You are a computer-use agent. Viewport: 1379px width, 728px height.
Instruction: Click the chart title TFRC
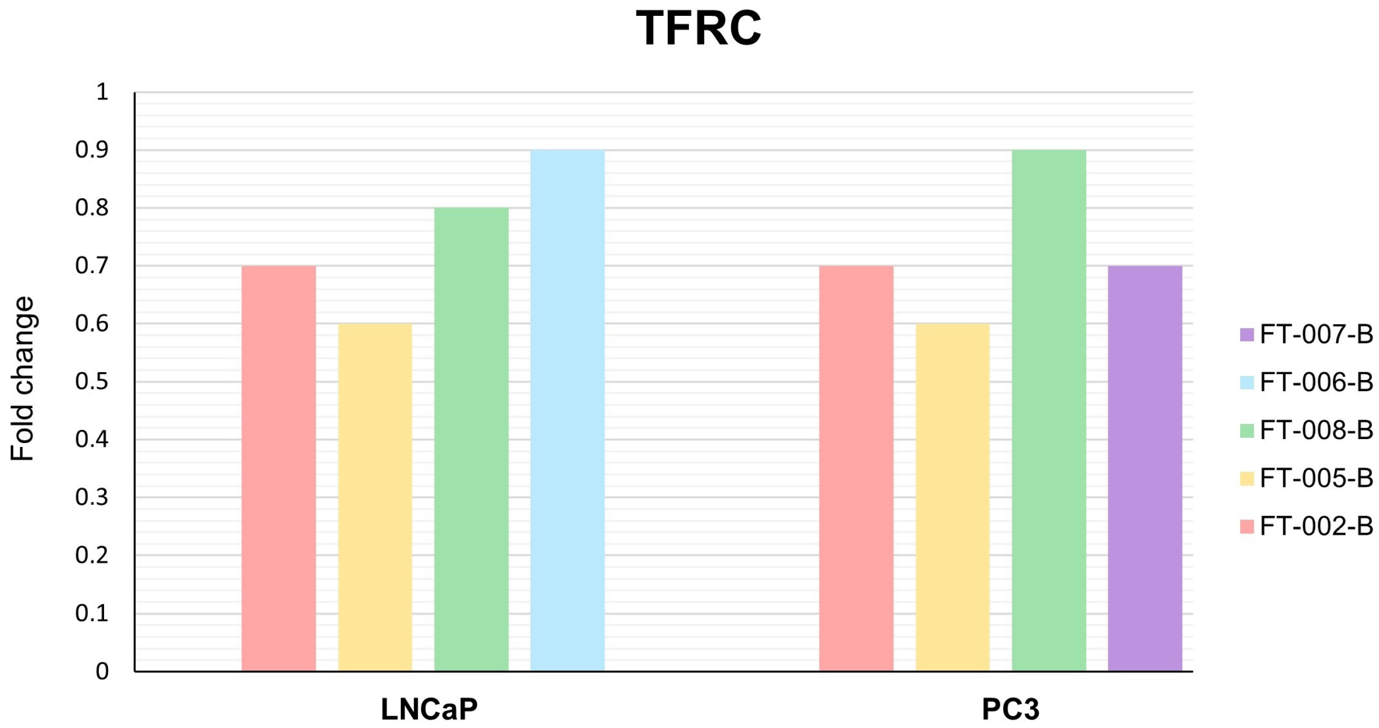(699, 28)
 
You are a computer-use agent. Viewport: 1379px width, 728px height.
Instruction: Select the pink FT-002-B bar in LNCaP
(279, 469)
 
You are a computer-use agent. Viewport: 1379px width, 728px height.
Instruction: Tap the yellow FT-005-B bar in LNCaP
(375, 498)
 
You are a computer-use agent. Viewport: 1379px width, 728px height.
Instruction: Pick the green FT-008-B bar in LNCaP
(472, 440)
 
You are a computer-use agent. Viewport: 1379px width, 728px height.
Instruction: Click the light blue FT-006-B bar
(567, 411)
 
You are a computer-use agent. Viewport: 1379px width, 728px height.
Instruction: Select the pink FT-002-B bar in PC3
(857, 469)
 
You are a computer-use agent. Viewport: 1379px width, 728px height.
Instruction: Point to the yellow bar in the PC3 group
(953, 498)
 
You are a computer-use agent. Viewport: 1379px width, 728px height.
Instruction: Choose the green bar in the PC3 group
(1049, 411)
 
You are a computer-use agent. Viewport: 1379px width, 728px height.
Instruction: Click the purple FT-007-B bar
(1145, 469)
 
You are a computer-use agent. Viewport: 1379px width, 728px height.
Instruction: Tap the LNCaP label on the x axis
(429, 709)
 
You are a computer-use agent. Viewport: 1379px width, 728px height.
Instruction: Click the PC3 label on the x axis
(1010, 709)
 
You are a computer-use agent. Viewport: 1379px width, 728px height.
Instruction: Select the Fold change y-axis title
(22, 379)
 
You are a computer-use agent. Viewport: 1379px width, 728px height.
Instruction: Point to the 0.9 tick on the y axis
(92, 150)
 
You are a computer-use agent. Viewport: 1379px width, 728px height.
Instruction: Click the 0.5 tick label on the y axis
(92, 381)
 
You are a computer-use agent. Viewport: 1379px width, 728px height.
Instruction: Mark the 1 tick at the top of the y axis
(102, 92)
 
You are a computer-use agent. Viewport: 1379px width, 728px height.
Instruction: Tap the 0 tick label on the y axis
(102, 671)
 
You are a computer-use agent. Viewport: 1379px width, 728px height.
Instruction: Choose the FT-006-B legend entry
(1306, 382)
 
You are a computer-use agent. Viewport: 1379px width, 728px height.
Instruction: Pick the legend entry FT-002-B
(1306, 526)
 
